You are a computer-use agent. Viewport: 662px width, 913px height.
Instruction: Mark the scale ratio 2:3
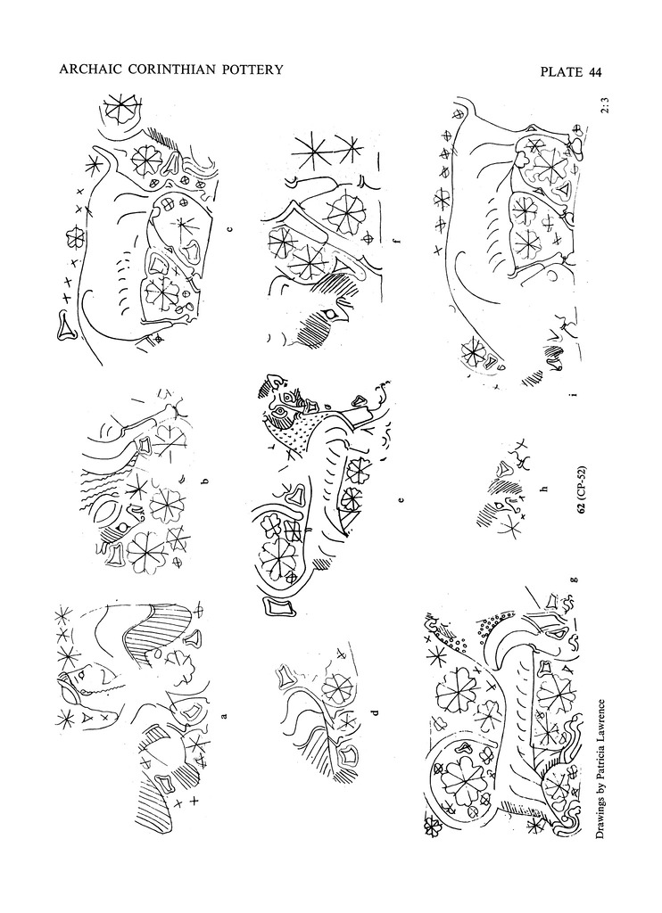(607, 108)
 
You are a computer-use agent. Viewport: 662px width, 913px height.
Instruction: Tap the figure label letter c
(229, 229)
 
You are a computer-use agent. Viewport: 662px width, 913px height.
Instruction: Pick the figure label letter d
(376, 711)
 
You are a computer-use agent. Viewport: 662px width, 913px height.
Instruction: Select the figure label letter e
(400, 499)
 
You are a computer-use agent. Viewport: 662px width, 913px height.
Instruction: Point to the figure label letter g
(575, 579)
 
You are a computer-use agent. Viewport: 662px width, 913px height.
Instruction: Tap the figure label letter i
(574, 394)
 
